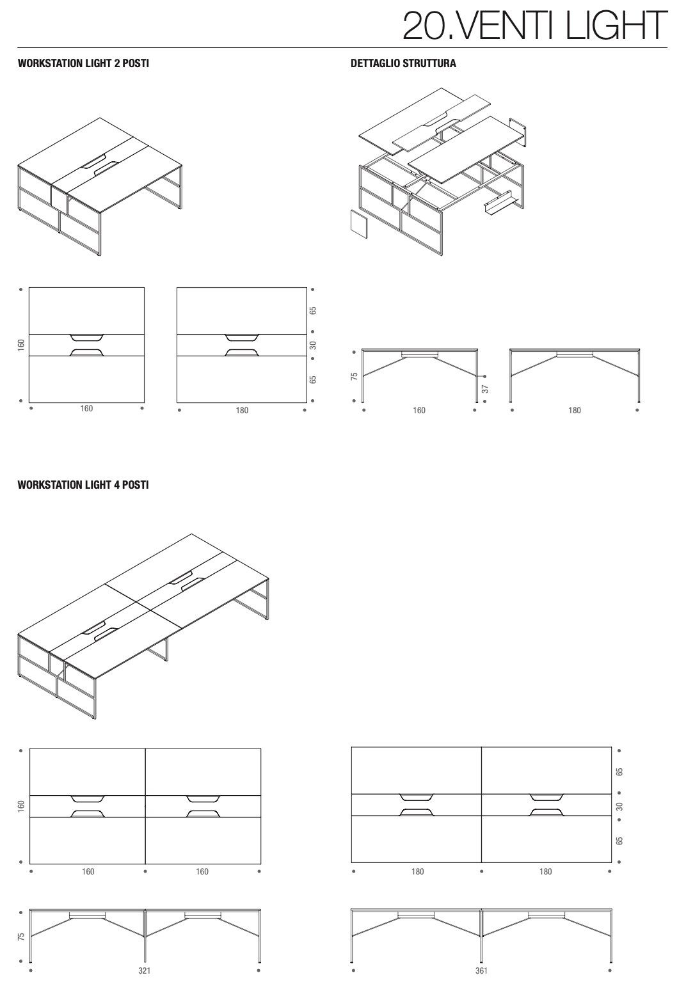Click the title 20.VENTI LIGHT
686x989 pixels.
click(x=535, y=25)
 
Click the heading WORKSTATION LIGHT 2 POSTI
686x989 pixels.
click(x=83, y=63)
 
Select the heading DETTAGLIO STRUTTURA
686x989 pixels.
click(x=403, y=63)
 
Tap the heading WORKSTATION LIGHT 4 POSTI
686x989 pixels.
click(x=83, y=485)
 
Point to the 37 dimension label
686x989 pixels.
click(x=485, y=389)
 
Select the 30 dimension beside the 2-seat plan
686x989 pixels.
click(x=313, y=345)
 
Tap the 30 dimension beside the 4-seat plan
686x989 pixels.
click(x=619, y=806)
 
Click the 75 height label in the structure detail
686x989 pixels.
click(x=355, y=376)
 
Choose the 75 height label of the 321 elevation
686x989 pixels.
click(x=21, y=937)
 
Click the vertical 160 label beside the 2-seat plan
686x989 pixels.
click(x=21, y=345)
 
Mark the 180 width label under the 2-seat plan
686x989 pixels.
click(x=242, y=410)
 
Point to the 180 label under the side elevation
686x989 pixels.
click(x=574, y=410)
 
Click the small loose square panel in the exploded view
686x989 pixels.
click(x=359, y=223)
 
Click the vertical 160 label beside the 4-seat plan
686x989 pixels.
click(x=21, y=806)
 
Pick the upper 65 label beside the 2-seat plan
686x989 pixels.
click(x=313, y=311)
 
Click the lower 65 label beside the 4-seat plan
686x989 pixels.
click(x=619, y=841)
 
